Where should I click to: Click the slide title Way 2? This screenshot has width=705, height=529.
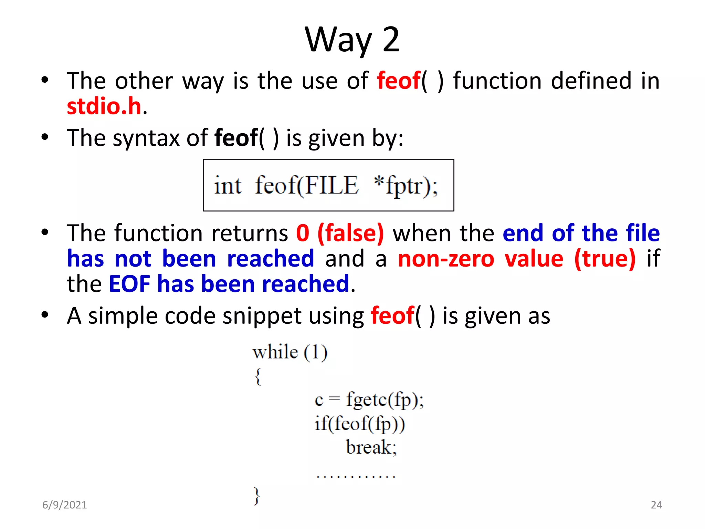352,40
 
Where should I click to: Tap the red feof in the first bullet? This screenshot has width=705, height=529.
399,81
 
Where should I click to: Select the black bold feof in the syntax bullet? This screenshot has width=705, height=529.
236,138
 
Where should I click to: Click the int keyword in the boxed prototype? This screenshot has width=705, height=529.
228,185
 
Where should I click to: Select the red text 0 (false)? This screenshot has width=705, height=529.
340,233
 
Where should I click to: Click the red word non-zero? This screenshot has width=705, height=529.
446,259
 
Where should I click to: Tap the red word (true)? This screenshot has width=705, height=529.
605,259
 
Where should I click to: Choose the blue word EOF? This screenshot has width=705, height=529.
129,284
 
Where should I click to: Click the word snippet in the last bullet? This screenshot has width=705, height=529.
262,316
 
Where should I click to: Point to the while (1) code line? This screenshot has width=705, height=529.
290,352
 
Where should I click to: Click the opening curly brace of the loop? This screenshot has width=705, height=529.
258,376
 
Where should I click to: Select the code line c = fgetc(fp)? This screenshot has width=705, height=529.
369,400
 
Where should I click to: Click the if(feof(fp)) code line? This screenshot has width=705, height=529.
359,424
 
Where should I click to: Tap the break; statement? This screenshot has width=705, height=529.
371,447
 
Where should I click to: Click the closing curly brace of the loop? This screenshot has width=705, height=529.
256,496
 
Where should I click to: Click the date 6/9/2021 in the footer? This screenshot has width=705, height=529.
65,505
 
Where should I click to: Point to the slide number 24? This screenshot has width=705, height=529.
656,505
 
